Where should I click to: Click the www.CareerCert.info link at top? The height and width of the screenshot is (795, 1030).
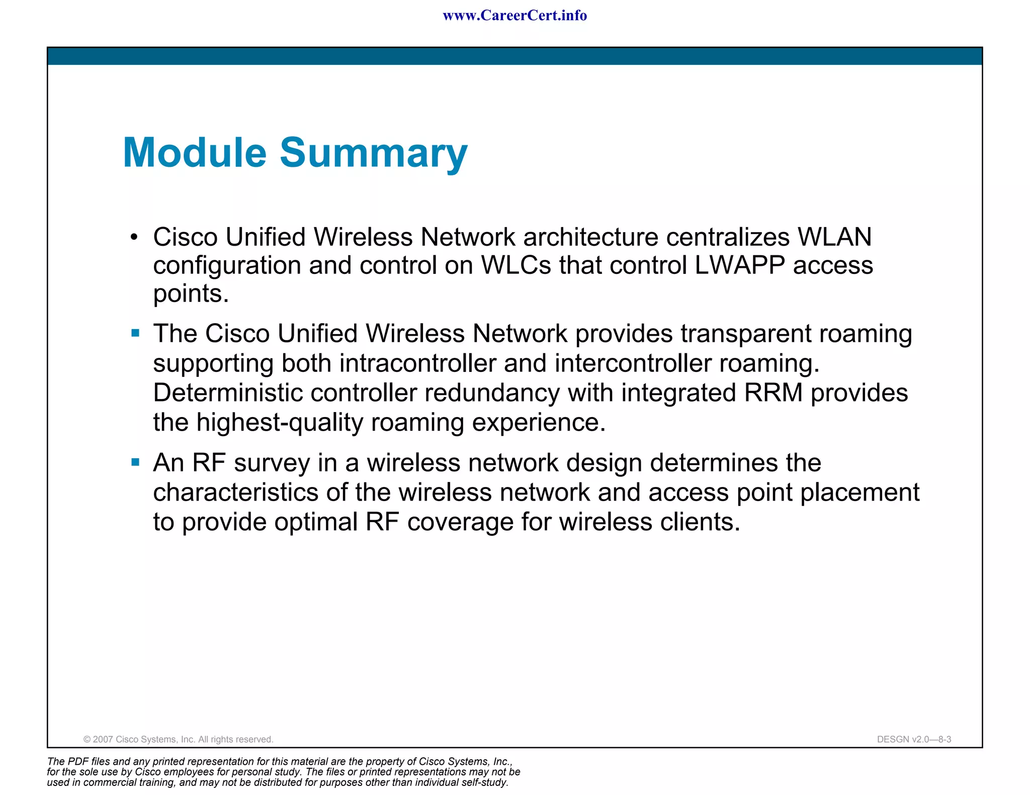[514, 16]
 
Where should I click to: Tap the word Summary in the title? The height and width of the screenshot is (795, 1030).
[373, 153]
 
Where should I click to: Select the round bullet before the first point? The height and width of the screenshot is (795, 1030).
[133, 237]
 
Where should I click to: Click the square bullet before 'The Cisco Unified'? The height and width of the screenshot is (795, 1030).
[135, 333]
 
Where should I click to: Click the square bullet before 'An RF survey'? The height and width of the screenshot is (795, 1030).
[135, 462]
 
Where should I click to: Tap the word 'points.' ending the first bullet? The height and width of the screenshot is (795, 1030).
[191, 294]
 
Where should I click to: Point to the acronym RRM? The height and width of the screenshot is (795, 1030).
[773, 392]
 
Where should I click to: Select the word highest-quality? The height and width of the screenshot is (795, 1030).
[279, 422]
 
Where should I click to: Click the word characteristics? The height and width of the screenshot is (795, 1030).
[235, 492]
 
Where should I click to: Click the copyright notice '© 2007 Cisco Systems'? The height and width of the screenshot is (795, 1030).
[178, 739]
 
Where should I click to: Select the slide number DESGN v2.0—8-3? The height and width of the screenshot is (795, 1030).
[914, 739]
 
